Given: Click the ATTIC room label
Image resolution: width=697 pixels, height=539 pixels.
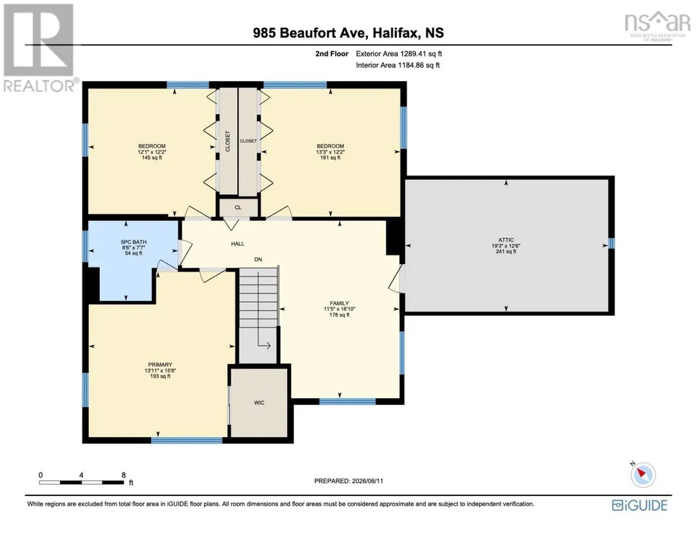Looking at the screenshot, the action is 506,240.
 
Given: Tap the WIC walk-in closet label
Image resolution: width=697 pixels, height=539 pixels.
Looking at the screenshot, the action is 259,402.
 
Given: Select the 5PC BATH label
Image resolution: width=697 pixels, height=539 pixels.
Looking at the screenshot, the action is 133,242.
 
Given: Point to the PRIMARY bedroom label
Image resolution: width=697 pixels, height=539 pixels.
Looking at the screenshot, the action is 160,365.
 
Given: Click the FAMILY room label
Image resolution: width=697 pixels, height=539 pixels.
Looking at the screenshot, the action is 339,304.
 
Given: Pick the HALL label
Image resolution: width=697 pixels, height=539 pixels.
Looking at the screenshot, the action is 237,244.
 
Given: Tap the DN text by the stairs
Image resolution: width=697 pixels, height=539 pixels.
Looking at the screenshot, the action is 258,259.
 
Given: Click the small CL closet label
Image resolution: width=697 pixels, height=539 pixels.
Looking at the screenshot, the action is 238,208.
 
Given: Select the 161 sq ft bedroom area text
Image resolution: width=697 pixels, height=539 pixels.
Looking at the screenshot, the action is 330,157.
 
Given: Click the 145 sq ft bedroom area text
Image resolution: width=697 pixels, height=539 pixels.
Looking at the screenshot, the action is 152,157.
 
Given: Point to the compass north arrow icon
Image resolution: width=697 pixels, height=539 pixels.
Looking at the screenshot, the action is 643,474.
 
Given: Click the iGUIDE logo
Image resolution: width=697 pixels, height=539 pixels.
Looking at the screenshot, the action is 640,506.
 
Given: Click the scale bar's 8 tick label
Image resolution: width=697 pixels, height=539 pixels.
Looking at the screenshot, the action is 124,475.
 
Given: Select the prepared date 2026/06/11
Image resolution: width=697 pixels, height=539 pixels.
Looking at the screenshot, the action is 367,480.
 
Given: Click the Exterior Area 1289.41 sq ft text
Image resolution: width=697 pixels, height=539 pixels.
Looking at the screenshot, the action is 398,54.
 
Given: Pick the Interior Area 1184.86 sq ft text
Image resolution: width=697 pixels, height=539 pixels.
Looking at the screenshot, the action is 398,65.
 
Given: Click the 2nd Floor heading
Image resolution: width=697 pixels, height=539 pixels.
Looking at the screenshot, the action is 332,54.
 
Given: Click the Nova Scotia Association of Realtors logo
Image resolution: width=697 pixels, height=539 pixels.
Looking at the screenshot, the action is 657,26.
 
